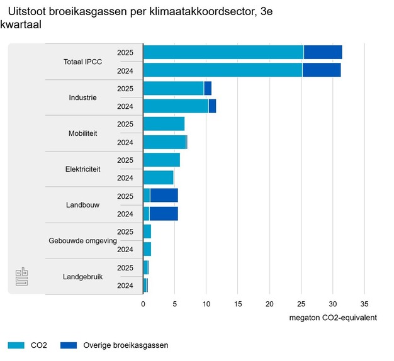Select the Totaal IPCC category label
(82, 62)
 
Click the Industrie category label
(82, 97)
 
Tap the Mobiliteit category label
(82, 133)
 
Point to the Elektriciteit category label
(82, 169)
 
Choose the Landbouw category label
(82, 205)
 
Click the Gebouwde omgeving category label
(82, 241)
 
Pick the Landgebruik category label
(82, 277)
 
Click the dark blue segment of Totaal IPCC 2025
(322, 52)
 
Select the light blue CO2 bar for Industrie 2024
(176, 106)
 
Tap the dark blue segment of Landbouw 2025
(164, 196)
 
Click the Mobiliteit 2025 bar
(164, 124)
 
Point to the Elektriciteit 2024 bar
(158, 178)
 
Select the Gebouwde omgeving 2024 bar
(147, 250)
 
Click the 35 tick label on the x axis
(364, 303)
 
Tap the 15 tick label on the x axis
(238, 303)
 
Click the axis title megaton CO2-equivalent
(333, 318)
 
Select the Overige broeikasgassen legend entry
(115, 345)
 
